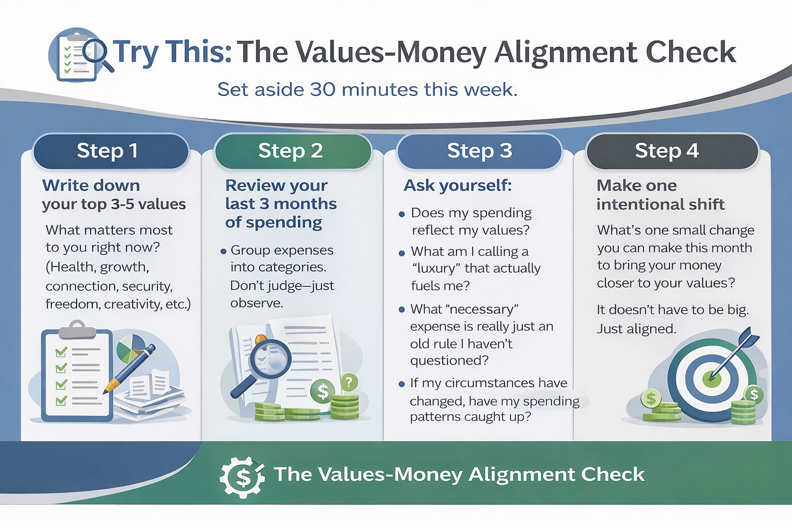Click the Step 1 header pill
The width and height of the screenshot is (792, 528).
coord(110,151)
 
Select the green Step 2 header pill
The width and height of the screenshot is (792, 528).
coord(292,151)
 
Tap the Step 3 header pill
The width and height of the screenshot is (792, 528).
coord(479,151)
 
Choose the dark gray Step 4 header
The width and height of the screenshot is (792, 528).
coord(672,151)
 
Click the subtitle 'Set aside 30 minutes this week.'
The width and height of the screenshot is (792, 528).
coord(367,90)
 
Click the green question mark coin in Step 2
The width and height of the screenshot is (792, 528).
coord(349,383)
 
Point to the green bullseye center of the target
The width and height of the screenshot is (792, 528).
coord(712,379)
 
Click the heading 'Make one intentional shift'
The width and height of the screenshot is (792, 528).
coord(660,195)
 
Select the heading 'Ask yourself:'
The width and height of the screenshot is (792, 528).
coord(457,185)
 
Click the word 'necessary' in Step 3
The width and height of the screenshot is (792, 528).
coord(484,309)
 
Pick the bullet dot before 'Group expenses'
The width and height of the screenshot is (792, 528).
coord(223,252)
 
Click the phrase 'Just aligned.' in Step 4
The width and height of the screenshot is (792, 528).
coord(636,329)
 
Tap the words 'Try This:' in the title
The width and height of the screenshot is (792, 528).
coord(172,53)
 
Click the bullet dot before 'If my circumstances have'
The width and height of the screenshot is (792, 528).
coord(402,384)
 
